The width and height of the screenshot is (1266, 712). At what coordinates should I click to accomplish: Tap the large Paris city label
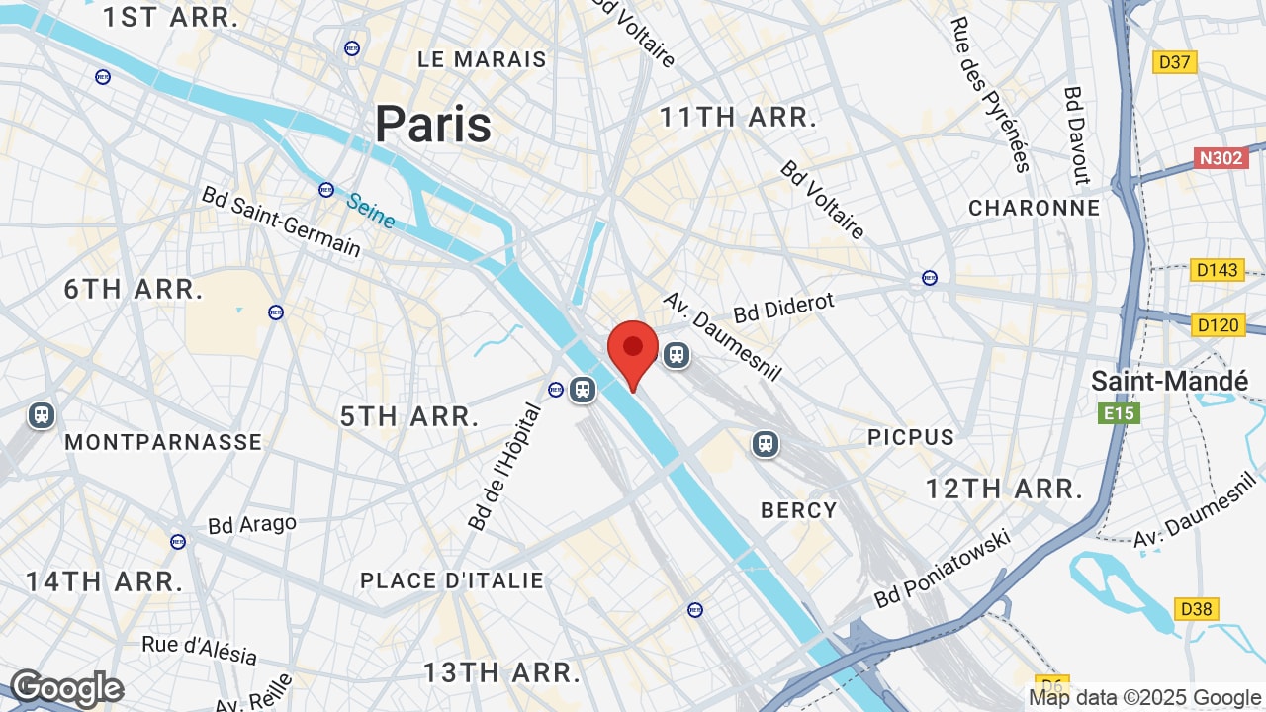(433, 125)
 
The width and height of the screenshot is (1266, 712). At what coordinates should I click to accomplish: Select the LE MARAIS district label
(482, 59)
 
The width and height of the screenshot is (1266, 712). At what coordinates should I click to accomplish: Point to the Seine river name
(371, 210)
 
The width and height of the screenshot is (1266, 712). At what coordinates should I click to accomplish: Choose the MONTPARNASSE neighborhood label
(163, 442)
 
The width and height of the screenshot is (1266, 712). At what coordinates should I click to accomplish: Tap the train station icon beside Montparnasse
(42, 414)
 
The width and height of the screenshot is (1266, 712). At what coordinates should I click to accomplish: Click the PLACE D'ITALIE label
(452, 580)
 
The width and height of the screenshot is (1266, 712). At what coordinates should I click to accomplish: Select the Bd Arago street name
(252, 524)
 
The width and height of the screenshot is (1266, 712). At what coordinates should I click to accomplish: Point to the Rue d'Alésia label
(199, 650)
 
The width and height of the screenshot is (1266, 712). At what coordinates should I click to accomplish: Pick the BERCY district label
(799, 510)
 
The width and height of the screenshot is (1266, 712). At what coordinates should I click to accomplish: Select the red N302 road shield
(1221, 158)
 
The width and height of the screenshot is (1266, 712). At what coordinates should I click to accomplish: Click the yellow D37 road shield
(1174, 62)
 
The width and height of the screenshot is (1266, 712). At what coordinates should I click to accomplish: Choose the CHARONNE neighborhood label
(1034, 208)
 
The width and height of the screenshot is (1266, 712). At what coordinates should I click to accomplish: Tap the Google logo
(66, 688)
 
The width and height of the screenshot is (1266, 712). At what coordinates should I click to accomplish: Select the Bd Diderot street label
(784, 307)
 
